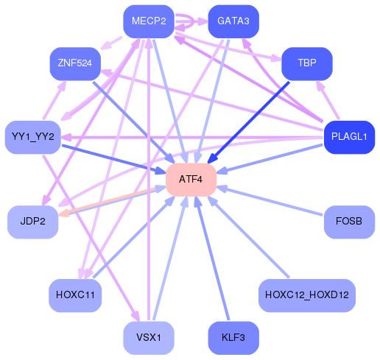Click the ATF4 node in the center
(191, 180)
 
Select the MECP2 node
(148, 21)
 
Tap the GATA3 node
(233, 21)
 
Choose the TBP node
(307, 64)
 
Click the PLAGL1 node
(349, 137)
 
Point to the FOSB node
(349, 222)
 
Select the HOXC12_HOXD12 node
(307, 295)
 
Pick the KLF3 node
(233, 338)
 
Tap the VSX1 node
(148, 338)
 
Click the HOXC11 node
(74, 295)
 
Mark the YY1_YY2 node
(32, 137)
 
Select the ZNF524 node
(74, 64)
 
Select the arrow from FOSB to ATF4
(272, 201)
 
